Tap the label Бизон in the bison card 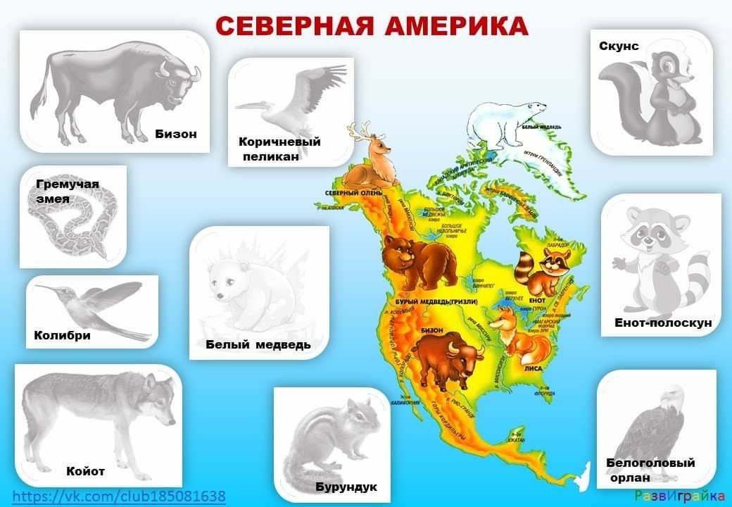(x=175, y=134)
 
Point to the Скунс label (x=619, y=46)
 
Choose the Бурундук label (x=346, y=487)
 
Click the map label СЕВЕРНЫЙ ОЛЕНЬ (x=353, y=193)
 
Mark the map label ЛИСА (x=533, y=368)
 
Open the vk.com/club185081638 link (x=119, y=496)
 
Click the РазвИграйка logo (x=679, y=496)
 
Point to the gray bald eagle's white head (x=674, y=397)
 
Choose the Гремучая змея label (x=67, y=192)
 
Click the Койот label (x=85, y=471)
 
